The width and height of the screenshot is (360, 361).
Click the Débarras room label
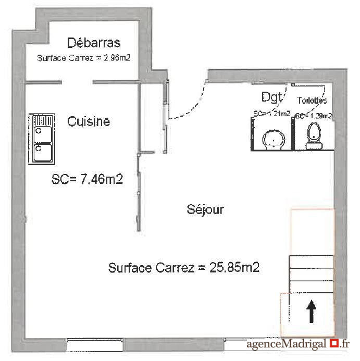(x=94, y=43)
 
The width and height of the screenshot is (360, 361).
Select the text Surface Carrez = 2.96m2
(x=83, y=58)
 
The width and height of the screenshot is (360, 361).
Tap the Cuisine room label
(x=89, y=121)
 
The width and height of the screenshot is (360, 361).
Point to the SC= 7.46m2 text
(x=87, y=180)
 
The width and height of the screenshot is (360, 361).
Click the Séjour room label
(x=205, y=209)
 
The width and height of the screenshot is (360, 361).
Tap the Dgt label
(x=271, y=97)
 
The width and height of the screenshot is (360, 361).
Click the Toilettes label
(x=312, y=100)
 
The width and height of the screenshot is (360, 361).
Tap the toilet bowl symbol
(x=314, y=134)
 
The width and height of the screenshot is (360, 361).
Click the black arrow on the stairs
(x=311, y=313)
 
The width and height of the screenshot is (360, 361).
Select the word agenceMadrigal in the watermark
(x=287, y=344)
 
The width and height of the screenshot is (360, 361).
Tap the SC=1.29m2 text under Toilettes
(x=314, y=116)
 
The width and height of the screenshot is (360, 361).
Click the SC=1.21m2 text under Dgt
(x=271, y=114)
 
